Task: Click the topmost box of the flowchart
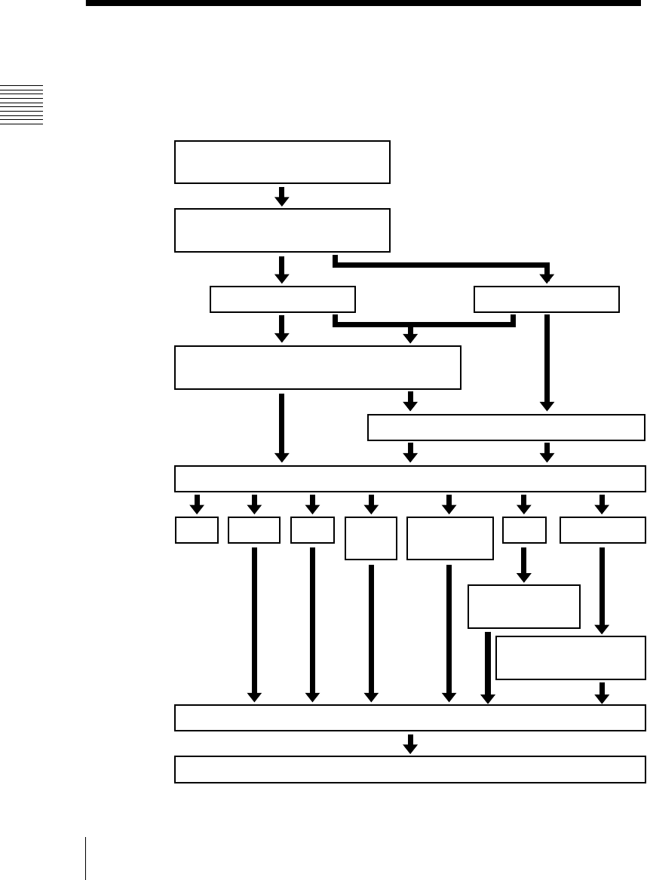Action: tap(282, 161)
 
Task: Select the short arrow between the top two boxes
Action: tap(282, 196)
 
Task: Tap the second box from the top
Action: tap(282, 230)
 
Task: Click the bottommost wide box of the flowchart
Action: tap(410, 769)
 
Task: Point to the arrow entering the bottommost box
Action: tap(410, 744)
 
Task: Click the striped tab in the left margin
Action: tap(22, 105)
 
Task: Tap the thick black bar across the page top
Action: tap(362, 4)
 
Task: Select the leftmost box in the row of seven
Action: tap(197, 530)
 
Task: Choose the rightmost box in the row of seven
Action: tap(603, 530)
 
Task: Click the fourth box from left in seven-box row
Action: tap(371, 538)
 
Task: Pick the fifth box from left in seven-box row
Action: tap(449, 538)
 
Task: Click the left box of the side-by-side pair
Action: tap(282, 299)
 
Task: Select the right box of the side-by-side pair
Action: tap(547, 299)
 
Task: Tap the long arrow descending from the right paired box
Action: tap(547, 362)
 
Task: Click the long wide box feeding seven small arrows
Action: tap(410, 479)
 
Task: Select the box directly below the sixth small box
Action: tap(524, 606)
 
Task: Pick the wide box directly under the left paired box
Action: tap(317, 367)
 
